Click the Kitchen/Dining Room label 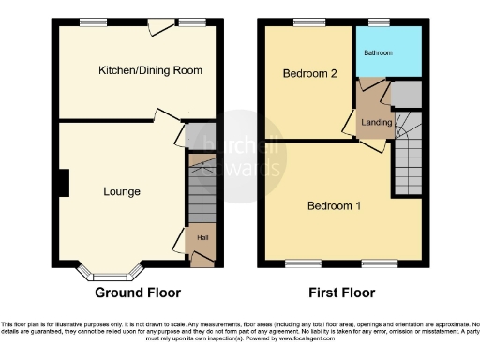point(151,70)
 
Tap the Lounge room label point(122,192)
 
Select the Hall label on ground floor point(202,237)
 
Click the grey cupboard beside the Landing point(405,94)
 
